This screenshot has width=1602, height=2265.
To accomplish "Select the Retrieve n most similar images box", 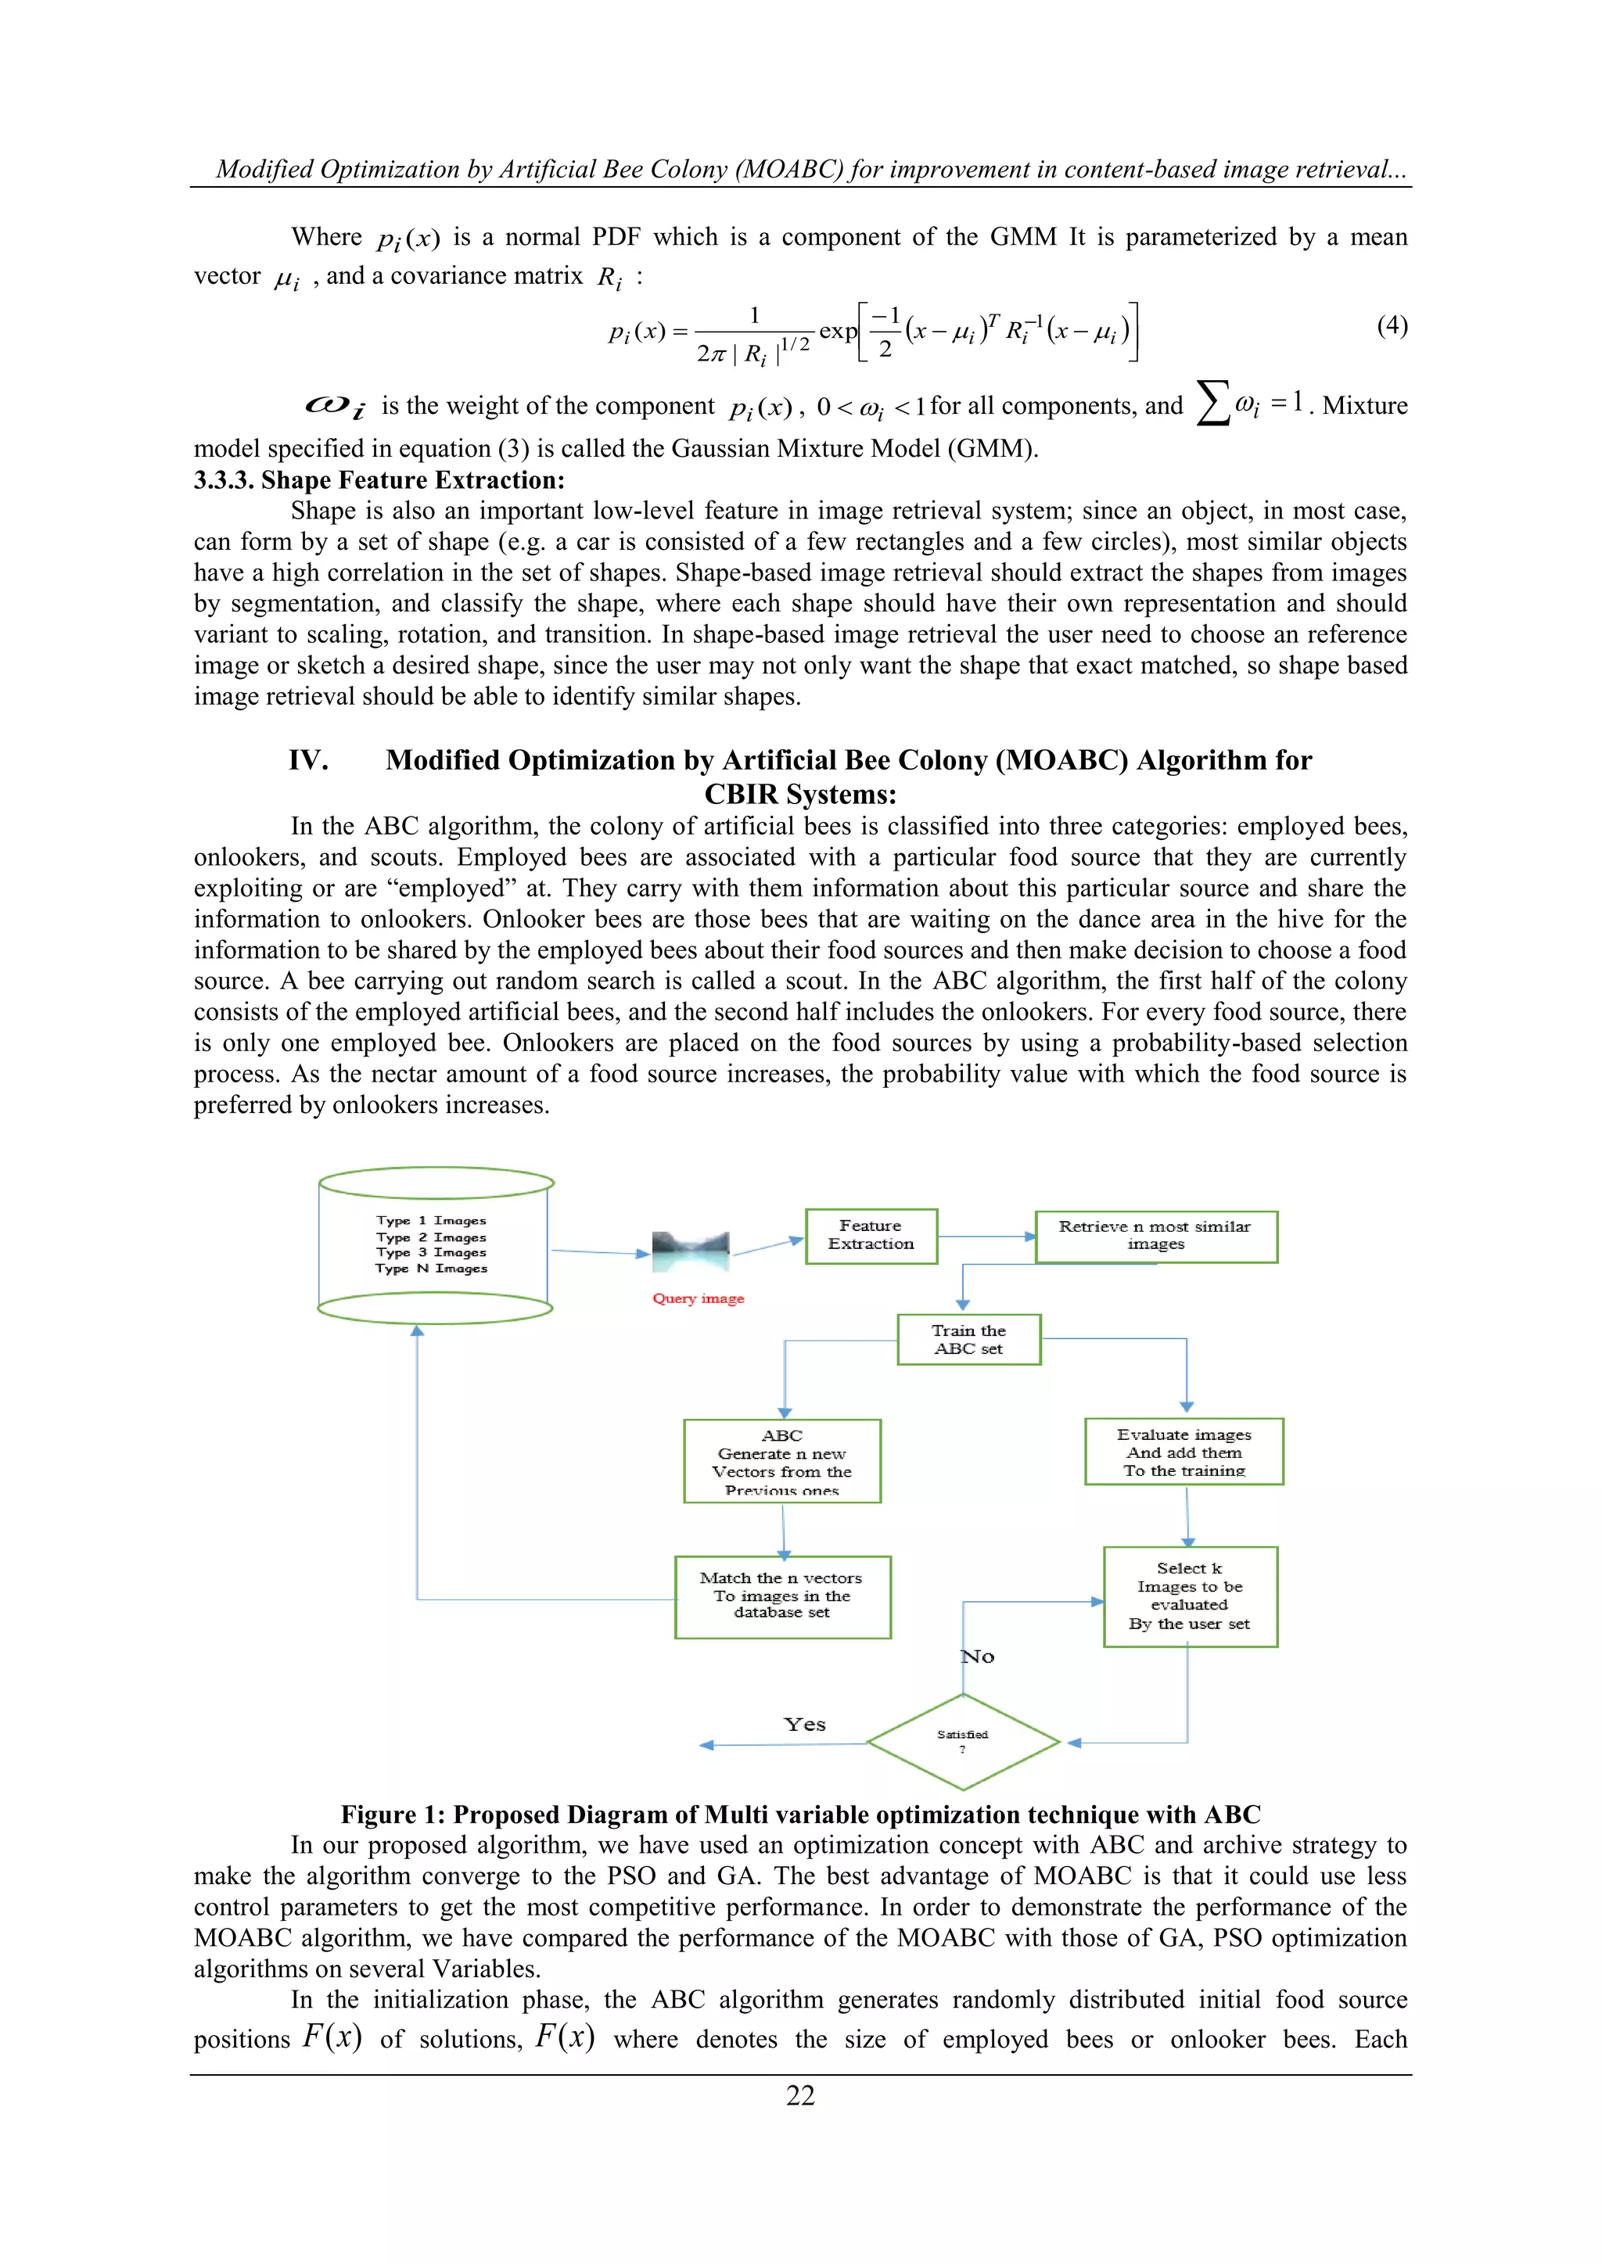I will tap(1155, 1236).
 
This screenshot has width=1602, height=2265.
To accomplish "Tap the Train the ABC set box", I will tap(968, 1339).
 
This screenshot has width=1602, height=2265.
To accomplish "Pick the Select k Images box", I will tap(1190, 1596).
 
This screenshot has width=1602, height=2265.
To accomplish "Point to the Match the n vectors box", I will tap(782, 1596).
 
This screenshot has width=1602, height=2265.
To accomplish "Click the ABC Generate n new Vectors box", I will tap(781, 1461).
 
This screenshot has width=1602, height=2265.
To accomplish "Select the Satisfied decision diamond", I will tap(963, 1741).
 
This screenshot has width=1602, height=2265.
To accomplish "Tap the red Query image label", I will tap(698, 1298).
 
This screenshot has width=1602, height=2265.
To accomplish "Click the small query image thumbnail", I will tap(691, 1251).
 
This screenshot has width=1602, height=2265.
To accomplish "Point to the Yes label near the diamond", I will tap(804, 1725).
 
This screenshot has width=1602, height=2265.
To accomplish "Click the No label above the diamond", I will tap(978, 1657).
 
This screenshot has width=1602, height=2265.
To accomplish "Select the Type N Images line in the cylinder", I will tap(431, 1269).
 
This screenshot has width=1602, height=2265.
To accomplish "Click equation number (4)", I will tap(1391, 325).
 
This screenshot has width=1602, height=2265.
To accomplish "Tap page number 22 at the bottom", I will tap(800, 2095).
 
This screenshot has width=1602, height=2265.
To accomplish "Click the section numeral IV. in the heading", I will tap(307, 759).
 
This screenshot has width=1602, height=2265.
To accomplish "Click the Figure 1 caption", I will tap(800, 1815).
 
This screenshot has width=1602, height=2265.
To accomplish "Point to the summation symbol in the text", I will tap(1212, 405).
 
